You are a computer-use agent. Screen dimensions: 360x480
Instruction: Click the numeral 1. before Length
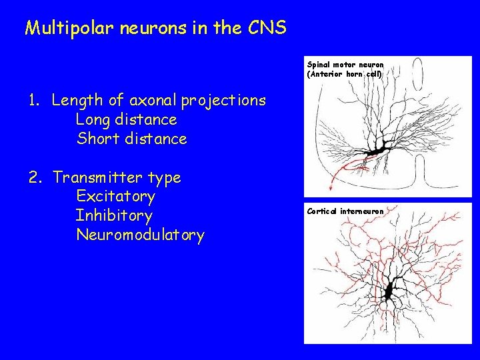(35, 101)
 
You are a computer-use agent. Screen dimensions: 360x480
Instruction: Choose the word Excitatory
(115, 197)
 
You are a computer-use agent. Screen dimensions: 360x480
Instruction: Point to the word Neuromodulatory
(140, 235)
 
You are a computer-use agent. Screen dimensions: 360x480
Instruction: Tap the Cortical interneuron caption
(345, 211)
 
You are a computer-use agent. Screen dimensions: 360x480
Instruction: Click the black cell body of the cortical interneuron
(389, 291)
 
